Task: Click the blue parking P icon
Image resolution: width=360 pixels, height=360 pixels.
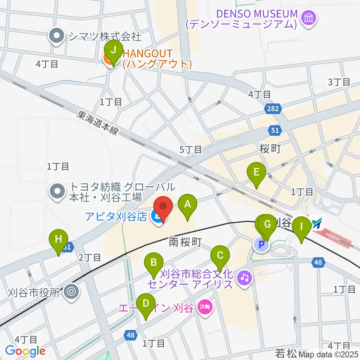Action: coord(261,246)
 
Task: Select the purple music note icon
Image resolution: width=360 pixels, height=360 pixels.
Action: coord(244,278)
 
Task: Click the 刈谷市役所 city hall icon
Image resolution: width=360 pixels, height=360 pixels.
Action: coord(71,292)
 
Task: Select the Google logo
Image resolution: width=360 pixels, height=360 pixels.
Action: coord(25,351)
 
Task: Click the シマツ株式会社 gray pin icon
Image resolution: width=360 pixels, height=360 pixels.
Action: coord(57,37)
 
